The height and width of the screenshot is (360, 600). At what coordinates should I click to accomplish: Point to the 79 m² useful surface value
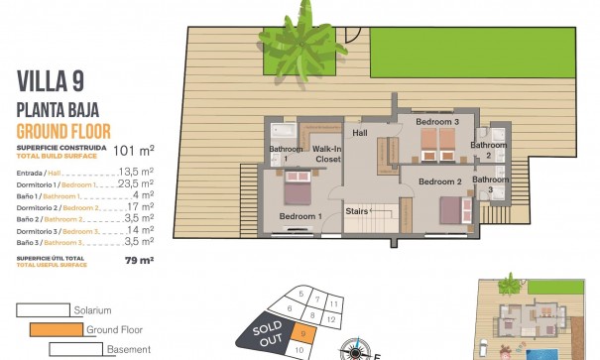click(x=139, y=261)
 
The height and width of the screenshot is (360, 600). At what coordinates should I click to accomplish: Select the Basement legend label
click(x=128, y=349)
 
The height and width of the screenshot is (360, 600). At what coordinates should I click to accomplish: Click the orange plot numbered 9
click(x=301, y=335)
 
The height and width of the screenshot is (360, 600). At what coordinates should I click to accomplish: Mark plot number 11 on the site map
click(x=335, y=302)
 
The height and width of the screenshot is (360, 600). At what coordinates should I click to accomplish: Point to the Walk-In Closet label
click(x=327, y=153)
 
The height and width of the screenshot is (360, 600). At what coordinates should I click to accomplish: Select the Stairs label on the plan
click(x=357, y=211)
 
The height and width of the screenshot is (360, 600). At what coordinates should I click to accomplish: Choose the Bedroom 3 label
click(x=436, y=122)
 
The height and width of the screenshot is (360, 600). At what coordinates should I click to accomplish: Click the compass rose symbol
click(x=355, y=349)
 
